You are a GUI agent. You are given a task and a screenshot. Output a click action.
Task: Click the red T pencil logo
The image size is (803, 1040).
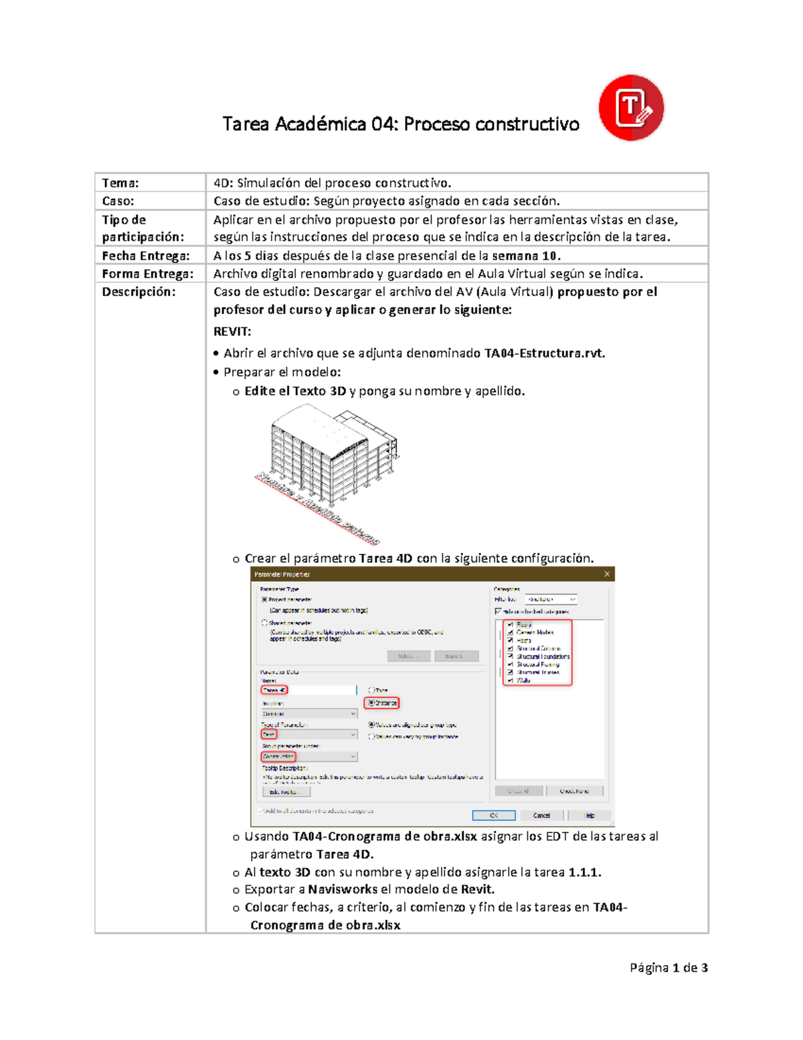tap(630, 108)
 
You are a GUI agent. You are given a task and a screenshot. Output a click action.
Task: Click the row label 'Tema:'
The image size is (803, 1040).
tap(120, 183)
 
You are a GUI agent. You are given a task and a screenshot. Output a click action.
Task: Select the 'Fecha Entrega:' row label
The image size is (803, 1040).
tap(146, 256)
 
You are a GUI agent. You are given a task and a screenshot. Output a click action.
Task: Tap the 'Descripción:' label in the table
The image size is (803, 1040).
tap(139, 292)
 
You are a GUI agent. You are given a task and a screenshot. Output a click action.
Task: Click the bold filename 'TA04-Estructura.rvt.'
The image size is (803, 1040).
tap(544, 353)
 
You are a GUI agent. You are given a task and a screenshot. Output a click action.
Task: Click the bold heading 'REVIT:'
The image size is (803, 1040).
tap(232, 331)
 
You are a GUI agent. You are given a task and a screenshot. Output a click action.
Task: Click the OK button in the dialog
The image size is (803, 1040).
tap(494, 815)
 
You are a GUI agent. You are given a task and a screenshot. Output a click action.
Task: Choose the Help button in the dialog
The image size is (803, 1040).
tap(590, 815)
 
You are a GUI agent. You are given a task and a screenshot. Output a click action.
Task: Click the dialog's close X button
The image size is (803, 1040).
tap(606, 574)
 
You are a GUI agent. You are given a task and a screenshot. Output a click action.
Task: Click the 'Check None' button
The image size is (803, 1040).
tap(574, 791)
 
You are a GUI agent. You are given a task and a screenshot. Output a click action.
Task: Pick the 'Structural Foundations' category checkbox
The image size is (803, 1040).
tap(511, 656)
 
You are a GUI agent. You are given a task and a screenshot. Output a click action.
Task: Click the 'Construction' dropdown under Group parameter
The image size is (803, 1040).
tap(308, 757)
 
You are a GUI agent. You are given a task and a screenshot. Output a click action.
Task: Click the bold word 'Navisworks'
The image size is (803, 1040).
tap(343, 889)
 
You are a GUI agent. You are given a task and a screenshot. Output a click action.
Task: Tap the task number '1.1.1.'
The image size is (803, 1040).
tap(585, 872)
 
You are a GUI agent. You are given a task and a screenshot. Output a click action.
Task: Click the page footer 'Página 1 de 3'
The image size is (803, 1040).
tap(668, 968)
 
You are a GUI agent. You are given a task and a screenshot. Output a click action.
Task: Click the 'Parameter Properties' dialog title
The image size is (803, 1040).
tap(282, 574)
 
